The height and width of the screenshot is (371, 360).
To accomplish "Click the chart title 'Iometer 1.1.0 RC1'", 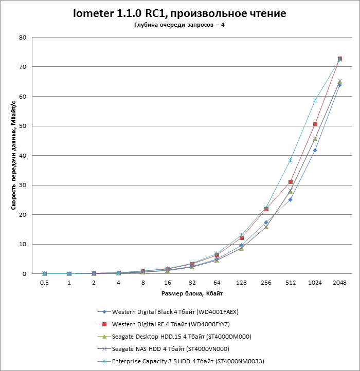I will point(179,13).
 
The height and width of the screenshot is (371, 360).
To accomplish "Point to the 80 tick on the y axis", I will point(23,38).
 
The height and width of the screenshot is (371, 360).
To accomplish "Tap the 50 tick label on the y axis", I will point(23,126).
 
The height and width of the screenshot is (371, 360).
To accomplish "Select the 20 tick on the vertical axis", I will point(23,215).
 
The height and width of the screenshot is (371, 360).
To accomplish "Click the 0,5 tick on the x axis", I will point(44,283).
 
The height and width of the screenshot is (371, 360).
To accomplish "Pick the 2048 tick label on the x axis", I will point(339,283).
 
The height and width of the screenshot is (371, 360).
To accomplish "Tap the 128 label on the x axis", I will point(241,283).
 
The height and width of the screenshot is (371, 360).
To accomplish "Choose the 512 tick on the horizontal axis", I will point(290,283).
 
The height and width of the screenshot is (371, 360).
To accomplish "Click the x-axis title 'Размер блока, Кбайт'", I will point(191,293).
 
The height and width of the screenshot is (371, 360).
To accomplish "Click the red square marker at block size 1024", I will point(315,124).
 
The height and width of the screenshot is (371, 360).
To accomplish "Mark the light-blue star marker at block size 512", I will point(291,160).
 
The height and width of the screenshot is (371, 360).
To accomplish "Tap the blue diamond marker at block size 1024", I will point(315,150).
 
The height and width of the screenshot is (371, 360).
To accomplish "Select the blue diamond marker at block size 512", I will point(291,199).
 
